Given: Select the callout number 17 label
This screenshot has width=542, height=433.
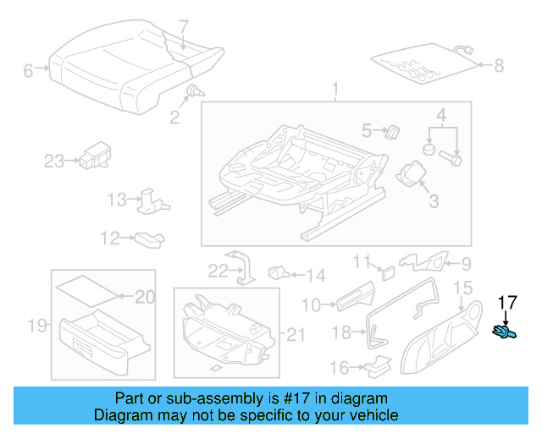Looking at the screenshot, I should tap(506, 300).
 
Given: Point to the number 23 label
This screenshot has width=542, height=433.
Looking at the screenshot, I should tap(53, 161).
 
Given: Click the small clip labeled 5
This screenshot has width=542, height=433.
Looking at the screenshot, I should tap(392, 130).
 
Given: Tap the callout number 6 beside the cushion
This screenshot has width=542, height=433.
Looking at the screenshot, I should tap(28, 71).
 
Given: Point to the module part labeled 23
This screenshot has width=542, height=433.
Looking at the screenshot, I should tap(92, 156).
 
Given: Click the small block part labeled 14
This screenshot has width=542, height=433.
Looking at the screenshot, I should tap(279, 273).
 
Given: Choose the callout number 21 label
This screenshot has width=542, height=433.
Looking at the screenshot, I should tap(294, 335).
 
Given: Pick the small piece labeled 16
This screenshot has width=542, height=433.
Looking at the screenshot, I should tap(377, 364).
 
